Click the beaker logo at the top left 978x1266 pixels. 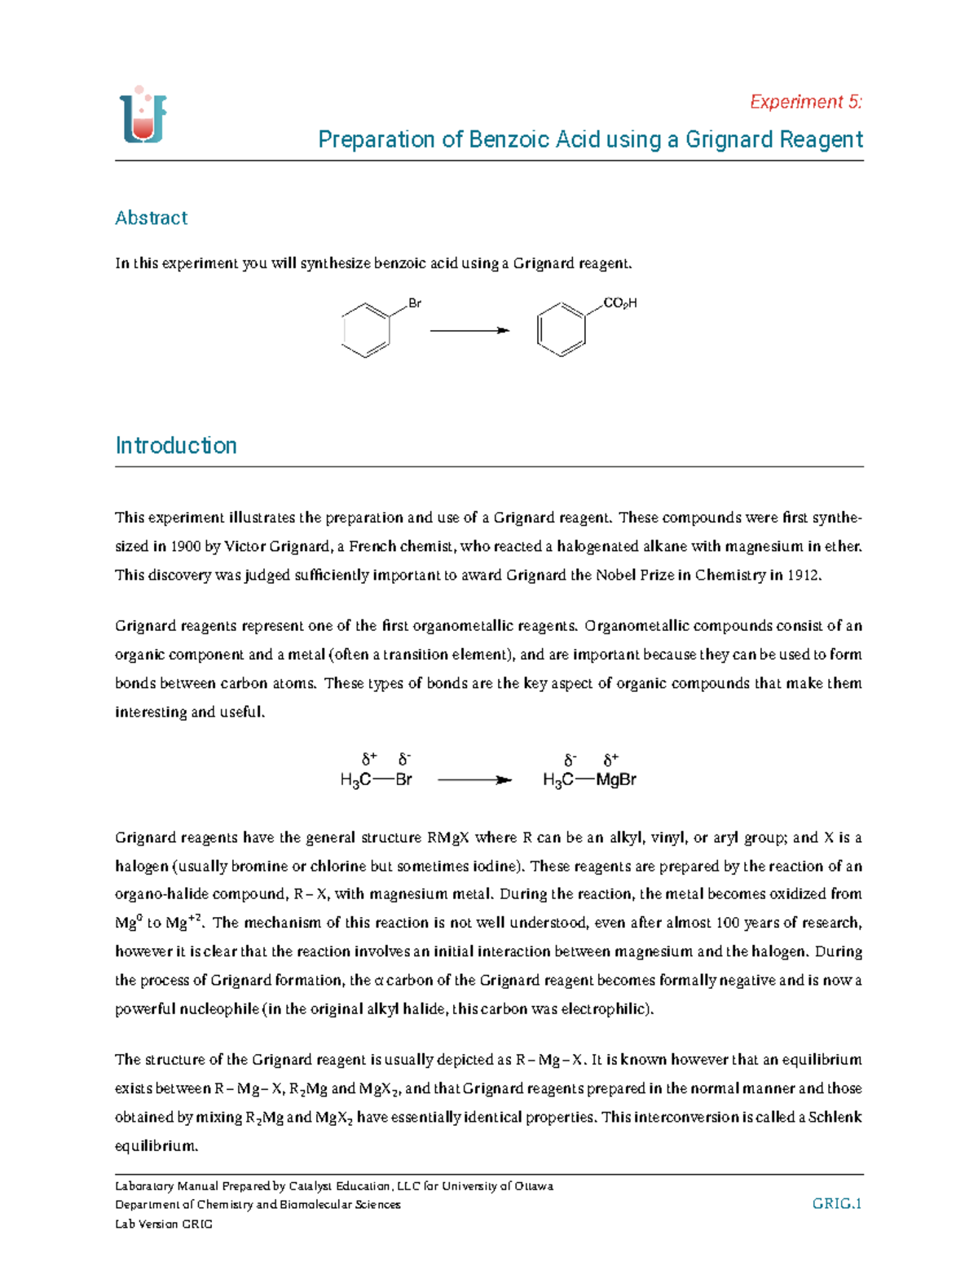(x=143, y=116)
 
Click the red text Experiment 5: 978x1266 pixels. (x=805, y=102)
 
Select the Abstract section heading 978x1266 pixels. (x=151, y=218)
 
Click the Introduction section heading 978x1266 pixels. (x=176, y=445)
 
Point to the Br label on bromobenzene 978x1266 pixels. (x=414, y=303)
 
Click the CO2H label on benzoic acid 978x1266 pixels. (x=619, y=303)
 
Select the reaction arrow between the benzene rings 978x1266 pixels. (x=469, y=330)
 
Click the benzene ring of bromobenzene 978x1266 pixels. (x=366, y=330)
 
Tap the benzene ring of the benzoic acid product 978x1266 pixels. (x=561, y=330)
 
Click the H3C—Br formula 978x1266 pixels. (x=376, y=779)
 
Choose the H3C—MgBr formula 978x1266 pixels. (x=588, y=779)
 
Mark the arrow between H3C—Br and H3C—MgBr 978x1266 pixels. (x=474, y=780)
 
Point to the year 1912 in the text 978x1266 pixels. (x=804, y=575)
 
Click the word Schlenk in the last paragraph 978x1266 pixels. (x=835, y=1117)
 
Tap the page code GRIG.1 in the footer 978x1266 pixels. (x=837, y=1203)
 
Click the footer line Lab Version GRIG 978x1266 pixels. (x=164, y=1224)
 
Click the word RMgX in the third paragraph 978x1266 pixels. (x=447, y=837)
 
